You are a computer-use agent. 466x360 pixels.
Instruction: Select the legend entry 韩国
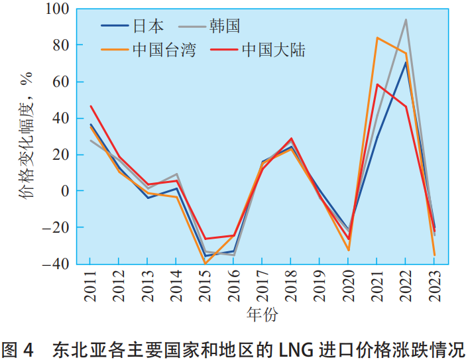[223, 26]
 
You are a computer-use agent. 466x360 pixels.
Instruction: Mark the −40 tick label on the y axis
[56, 263]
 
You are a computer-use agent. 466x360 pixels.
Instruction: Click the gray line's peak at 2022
[406, 20]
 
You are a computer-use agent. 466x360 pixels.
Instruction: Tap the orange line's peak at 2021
[377, 38]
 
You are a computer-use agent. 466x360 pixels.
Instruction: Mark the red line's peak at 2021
[377, 84]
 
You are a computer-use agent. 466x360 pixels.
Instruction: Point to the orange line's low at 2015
[205, 264]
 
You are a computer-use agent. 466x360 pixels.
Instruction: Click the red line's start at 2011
[91, 106]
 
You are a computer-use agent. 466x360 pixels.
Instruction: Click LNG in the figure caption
[296, 348]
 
